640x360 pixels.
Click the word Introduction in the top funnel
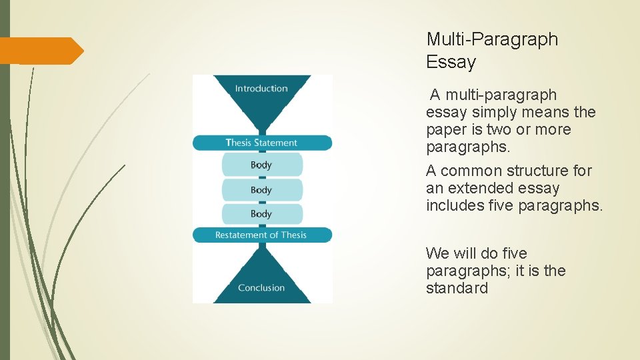tap(261, 88)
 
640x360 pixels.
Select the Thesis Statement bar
tap(262, 143)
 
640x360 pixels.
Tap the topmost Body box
tap(261, 165)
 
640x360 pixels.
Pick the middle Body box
tap(261, 190)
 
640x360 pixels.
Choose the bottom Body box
tap(261, 214)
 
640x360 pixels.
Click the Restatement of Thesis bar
tap(261, 235)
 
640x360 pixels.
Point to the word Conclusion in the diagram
tap(261, 287)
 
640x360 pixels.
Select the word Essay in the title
tap(451, 63)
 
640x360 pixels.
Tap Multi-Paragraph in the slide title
tap(492, 39)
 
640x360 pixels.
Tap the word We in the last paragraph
tap(438, 253)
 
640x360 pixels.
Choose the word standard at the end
tap(457, 288)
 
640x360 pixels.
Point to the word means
tap(549, 112)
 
